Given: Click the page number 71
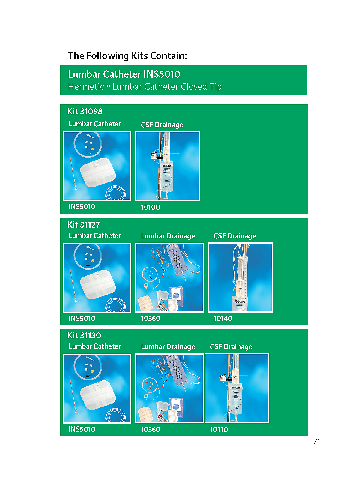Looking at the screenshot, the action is click(317, 442).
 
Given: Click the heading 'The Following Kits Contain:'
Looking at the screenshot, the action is click(127, 56).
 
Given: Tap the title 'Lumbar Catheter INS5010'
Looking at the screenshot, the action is click(124, 74).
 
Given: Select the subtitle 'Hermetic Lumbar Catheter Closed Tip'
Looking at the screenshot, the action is click(145, 87).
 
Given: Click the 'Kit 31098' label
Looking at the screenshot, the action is click(85, 111).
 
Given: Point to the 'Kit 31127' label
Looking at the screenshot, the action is click(84, 225).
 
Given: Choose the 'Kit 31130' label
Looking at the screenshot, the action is click(84, 335).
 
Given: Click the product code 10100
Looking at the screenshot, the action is click(150, 207).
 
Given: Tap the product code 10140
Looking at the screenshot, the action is click(223, 318).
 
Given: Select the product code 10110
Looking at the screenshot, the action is click(219, 430).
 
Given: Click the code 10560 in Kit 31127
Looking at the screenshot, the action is click(151, 318).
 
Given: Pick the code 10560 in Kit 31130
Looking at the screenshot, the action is click(151, 430).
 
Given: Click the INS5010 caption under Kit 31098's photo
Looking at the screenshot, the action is click(82, 206).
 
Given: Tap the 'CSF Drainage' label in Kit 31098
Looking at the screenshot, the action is click(162, 124).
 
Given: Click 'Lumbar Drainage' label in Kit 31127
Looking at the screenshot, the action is click(168, 236).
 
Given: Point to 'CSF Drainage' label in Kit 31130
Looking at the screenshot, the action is click(231, 346).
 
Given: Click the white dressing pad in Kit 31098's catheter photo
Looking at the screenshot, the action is click(98, 172).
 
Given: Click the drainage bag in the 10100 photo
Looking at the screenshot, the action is click(168, 177).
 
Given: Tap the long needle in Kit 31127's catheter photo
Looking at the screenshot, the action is click(73, 284).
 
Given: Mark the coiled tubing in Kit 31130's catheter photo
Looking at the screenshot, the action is click(115, 415).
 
